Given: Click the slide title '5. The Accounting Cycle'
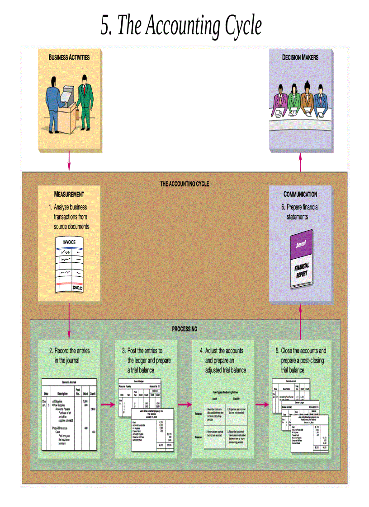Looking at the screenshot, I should [181, 26].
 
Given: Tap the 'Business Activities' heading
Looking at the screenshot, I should [69, 57].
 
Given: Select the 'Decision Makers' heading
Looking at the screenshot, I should [300, 57].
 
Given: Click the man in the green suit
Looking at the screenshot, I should [83, 99].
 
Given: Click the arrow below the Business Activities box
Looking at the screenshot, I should [69, 161].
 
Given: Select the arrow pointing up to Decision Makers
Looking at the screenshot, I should [300, 162].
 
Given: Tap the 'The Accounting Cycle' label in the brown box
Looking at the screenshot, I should [184, 184].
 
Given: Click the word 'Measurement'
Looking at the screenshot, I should [69, 194].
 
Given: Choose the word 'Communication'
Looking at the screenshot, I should [300, 194].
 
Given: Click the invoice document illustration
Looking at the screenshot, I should [69, 265].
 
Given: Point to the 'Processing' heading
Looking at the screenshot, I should [184, 329].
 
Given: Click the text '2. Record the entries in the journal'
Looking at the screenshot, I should [69, 355].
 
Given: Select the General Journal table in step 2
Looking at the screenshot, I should [69, 414].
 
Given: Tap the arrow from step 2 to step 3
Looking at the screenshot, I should [108, 405].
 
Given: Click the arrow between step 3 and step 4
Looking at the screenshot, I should [184, 405].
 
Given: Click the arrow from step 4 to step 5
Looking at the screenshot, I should [262, 405].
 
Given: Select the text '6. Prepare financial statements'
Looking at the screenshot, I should [300, 212].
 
